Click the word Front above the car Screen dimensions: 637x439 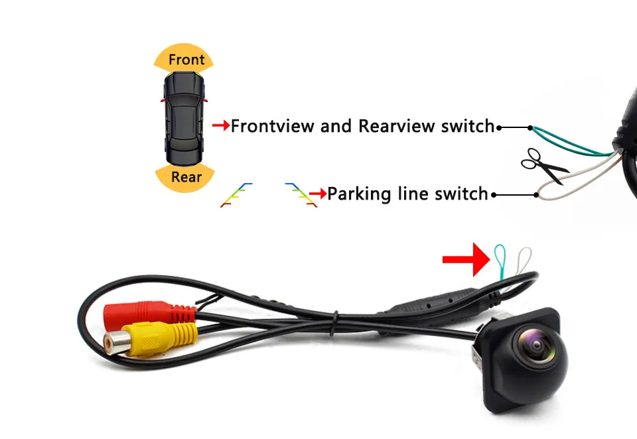pyautogui.click(x=186, y=60)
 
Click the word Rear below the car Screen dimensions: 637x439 pyautogui.click(x=186, y=177)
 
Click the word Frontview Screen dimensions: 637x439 pyautogui.click(x=273, y=125)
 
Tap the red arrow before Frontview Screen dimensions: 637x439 pyautogui.click(x=220, y=125)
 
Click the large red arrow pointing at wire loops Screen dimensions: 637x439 pyautogui.click(x=465, y=259)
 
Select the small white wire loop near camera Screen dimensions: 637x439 pyautogui.click(x=524, y=257)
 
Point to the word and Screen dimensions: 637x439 pyautogui.click(x=336, y=125)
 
